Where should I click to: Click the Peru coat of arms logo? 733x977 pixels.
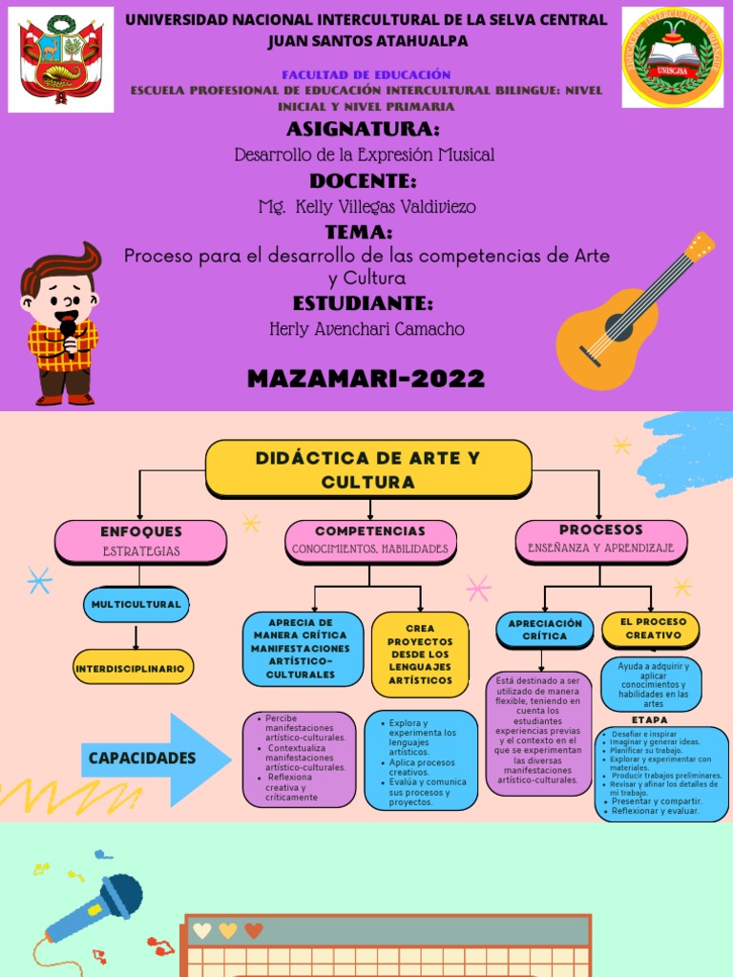click(61, 59)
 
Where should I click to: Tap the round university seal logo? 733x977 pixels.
click(672, 57)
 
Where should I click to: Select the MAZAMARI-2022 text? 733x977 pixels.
click(366, 379)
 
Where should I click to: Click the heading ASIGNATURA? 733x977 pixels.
click(363, 130)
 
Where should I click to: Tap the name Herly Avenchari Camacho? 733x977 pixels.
click(367, 329)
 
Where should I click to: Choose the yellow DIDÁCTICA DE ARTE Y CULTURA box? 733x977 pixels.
click(368, 468)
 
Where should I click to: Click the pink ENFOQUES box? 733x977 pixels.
click(140, 540)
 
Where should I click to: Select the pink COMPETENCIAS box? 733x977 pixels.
click(370, 540)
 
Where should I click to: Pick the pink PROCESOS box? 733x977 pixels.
click(600, 538)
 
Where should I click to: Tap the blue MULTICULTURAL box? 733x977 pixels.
click(136, 604)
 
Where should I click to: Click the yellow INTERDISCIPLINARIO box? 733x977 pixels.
click(133, 668)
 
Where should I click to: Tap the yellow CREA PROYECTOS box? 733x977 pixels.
click(420, 655)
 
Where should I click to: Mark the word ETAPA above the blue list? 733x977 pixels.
click(650, 719)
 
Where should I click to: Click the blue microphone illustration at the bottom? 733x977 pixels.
click(95, 906)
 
